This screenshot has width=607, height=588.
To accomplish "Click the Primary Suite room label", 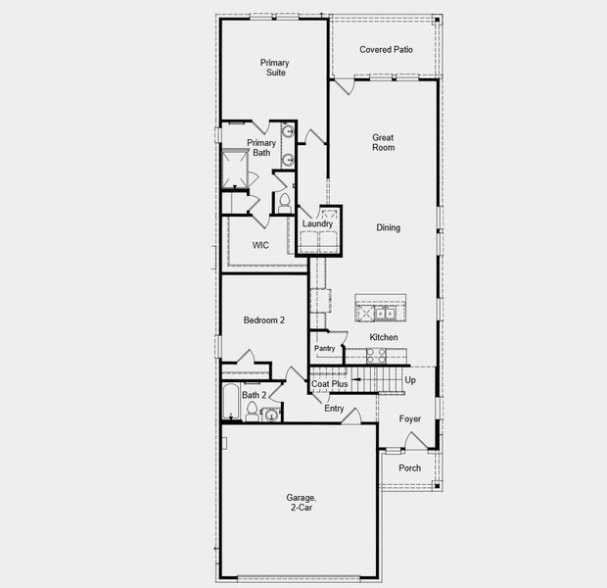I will click(x=274, y=68).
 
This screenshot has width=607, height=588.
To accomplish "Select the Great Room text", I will click(x=383, y=143).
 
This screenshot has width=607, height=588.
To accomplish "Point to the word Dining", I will click(x=388, y=228).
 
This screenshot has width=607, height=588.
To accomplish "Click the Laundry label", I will click(x=317, y=224).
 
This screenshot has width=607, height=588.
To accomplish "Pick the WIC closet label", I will click(x=260, y=245).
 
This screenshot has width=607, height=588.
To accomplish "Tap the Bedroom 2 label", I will click(x=264, y=320).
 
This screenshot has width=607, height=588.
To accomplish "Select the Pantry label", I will click(x=325, y=348).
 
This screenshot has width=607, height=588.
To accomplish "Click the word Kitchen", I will click(x=383, y=338).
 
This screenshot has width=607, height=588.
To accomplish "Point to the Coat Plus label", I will click(x=330, y=384).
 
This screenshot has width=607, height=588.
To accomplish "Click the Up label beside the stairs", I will click(x=410, y=380).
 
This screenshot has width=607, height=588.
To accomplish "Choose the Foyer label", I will click(x=410, y=419).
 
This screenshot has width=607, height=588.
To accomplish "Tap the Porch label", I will click(x=410, y=467).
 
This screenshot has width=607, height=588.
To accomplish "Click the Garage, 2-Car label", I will click(x=301, y=504).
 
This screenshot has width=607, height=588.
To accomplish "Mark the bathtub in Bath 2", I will click(x=231, y=403).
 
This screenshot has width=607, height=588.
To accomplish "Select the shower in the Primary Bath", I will click(x=235, y=169).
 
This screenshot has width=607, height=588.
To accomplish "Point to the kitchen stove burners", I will click(x=376, y=356).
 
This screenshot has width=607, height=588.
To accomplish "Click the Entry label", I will click(x=334, y=409).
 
